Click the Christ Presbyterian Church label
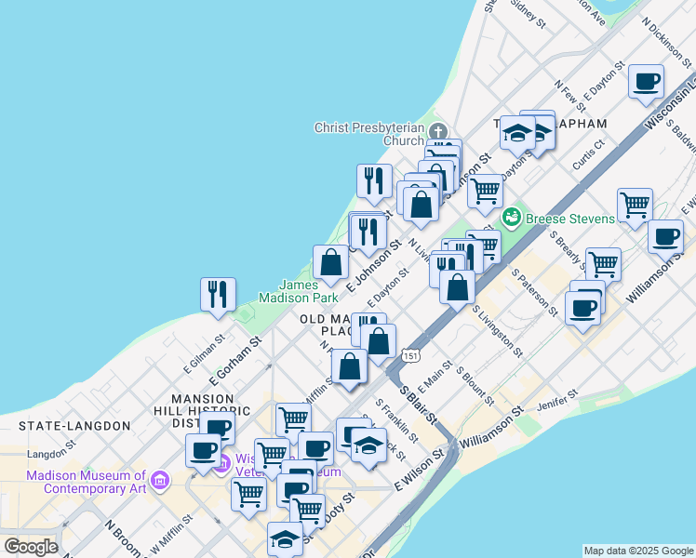point(369,134)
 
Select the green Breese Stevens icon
point(511,219)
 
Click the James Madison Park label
point(311,291)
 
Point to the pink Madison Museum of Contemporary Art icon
point(161,480)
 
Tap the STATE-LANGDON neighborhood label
point(75,425)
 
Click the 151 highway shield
point(411,354)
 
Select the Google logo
point(31,547)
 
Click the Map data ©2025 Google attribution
point(638,551)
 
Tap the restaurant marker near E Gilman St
point(218,294)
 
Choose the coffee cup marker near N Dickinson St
point(646,81)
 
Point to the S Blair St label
point(418,402)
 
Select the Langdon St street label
point(50,455)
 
